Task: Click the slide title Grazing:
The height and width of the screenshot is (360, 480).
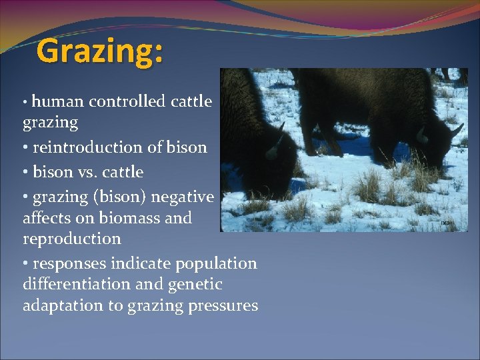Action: [99, 51]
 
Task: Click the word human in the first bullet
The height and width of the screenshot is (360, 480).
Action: [57, 101]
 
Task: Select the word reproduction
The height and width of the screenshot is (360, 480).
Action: [72, 239]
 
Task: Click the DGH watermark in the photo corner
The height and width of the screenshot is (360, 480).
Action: [447, 223]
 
